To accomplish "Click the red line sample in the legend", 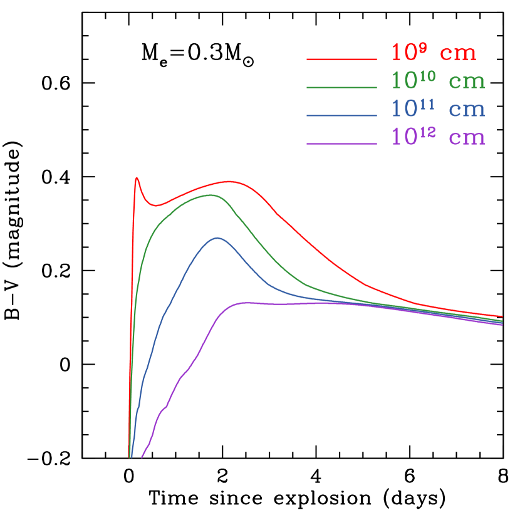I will (341, 60).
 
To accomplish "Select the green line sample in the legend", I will (341, 88).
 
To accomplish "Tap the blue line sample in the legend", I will (341, 116).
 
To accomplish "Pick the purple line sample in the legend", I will (341, 144).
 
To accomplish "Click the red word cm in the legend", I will (458, 55).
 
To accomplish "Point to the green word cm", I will (467, 82).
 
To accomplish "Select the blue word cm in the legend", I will (467, 110).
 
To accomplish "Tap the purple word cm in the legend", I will (467, 138).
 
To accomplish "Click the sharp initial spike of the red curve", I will (137, 178).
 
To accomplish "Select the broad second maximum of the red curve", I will (230, 182).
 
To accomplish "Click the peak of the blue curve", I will (217, 237).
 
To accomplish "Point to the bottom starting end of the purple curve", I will (142, 457).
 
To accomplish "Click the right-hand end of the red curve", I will (502, 316).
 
